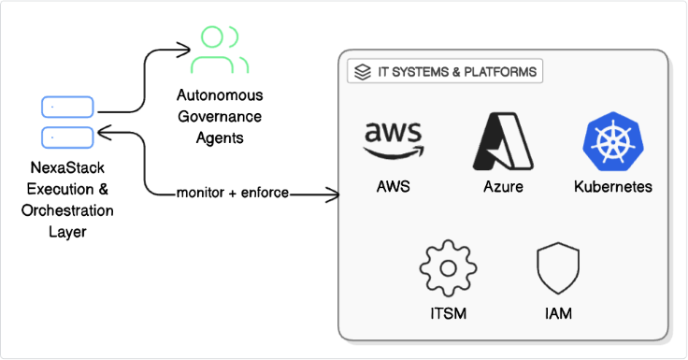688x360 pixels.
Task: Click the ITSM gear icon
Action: [x=447, y=268]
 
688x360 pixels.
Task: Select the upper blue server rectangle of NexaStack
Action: [x=66, y=108]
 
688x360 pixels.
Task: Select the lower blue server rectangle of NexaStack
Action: [x=66, y=137]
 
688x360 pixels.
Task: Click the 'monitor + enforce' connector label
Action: [x=233, y=194]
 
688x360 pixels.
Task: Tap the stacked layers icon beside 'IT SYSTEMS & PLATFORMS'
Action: [x=361, y=71]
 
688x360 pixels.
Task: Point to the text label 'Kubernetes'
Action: [x=612, y=187]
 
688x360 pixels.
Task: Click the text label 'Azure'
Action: [x=503, y=187]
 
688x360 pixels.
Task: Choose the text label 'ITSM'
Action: [x=447, y=314]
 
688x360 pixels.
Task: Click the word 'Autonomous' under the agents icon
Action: [x=220, y=96]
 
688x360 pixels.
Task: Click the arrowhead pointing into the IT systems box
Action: [x=332, y=194]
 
